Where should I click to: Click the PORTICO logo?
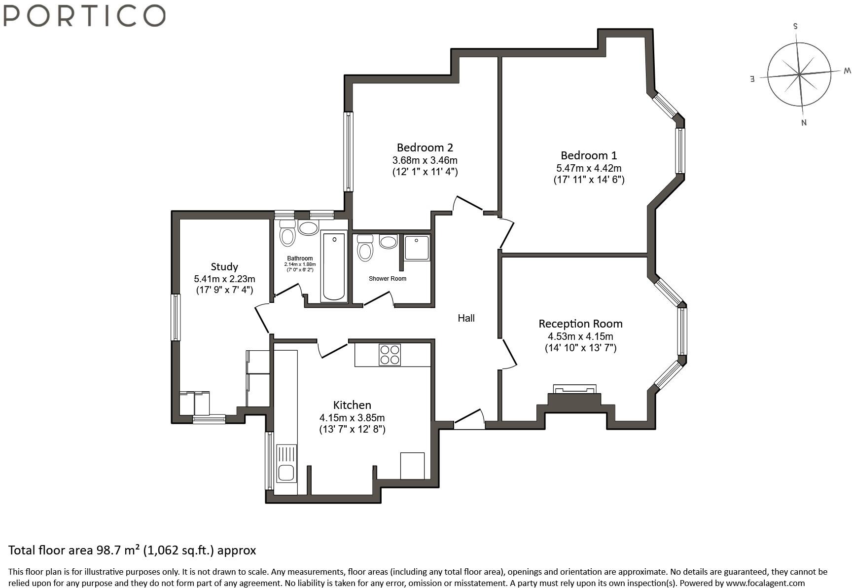tap(84, 15)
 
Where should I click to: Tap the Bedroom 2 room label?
tap(425, 147)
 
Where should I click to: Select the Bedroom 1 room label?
tap(589, 155)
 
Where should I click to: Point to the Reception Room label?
tap(580, 324)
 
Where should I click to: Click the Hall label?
tap(466, 318)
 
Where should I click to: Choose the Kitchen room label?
tap(352, 405)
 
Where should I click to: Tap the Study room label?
tap(224, 267)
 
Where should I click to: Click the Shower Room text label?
tap(388, 279)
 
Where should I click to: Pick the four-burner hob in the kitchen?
tap(390, 355)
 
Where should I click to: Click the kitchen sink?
tap(286, 464)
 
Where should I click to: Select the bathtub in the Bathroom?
tap(334, 266)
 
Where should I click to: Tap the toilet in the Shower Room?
tap(365, 248)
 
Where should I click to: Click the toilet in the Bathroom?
tap(287, 233)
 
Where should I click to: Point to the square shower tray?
tap(417, 248)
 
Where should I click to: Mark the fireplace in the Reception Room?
tap(575, 399)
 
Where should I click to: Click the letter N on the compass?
tap(804, 123)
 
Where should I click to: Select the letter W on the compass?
tap(847, 71)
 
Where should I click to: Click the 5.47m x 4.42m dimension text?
tap(589, 168)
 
